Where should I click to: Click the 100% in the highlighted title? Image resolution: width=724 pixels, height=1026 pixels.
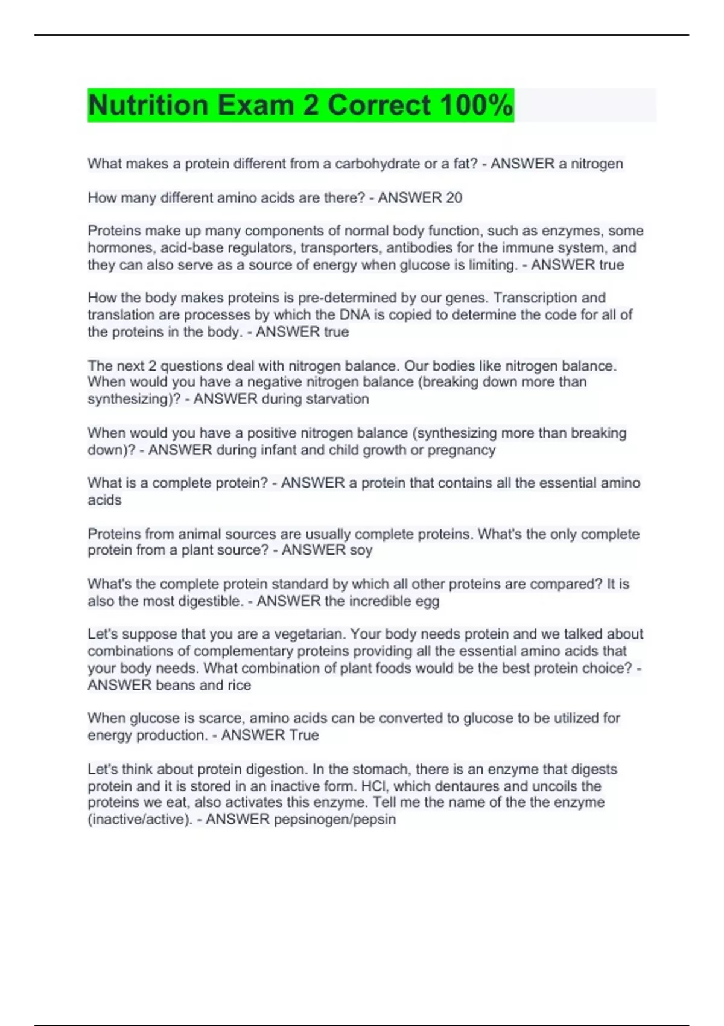click(476, 106)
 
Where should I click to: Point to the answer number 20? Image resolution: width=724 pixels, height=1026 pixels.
click(454, 197)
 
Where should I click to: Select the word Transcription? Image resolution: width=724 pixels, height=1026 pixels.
click(536, 298)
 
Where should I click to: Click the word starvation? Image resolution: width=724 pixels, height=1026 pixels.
click(337, 399)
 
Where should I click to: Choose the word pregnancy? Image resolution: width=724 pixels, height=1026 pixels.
click(461, 450)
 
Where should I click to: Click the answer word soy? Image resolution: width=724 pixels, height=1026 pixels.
click(361, 550)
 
